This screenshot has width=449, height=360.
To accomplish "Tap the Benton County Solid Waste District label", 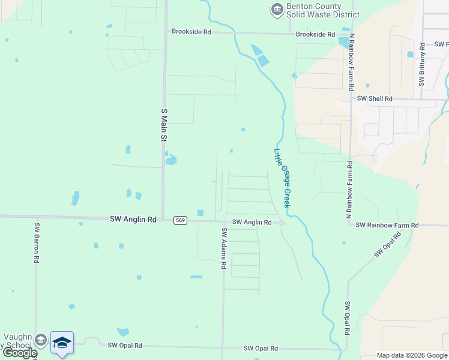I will click(x=322, y=10).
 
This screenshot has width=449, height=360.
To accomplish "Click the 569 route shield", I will click(x=180, y=220).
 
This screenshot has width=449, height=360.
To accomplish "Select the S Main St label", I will click(x=163, y=125).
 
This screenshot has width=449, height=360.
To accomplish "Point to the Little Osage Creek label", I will click(x=282, y=179).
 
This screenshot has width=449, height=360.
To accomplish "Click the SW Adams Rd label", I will click(x=223, y=248).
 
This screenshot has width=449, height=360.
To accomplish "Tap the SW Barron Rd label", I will click(x=37, y=244).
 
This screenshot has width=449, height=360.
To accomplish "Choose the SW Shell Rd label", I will click(x=375, y=98).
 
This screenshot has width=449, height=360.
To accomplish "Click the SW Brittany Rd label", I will click(x=422, y=64).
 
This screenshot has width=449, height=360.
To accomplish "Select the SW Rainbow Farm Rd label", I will click(x=387, y=225).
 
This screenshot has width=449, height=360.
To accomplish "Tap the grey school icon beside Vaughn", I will click(x=40, y=340).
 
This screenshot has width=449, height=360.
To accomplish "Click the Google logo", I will click(x=20, y=353).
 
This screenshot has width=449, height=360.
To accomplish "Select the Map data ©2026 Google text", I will click(x=412, y=355).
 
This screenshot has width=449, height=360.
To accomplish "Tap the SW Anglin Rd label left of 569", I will click(x=133, y=220).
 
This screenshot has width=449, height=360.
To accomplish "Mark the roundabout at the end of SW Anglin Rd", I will click(x=281, y=223).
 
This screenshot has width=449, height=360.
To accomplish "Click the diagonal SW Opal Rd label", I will click(x=386, y=247).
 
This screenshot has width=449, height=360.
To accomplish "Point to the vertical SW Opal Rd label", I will click(x=347, y=318).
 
